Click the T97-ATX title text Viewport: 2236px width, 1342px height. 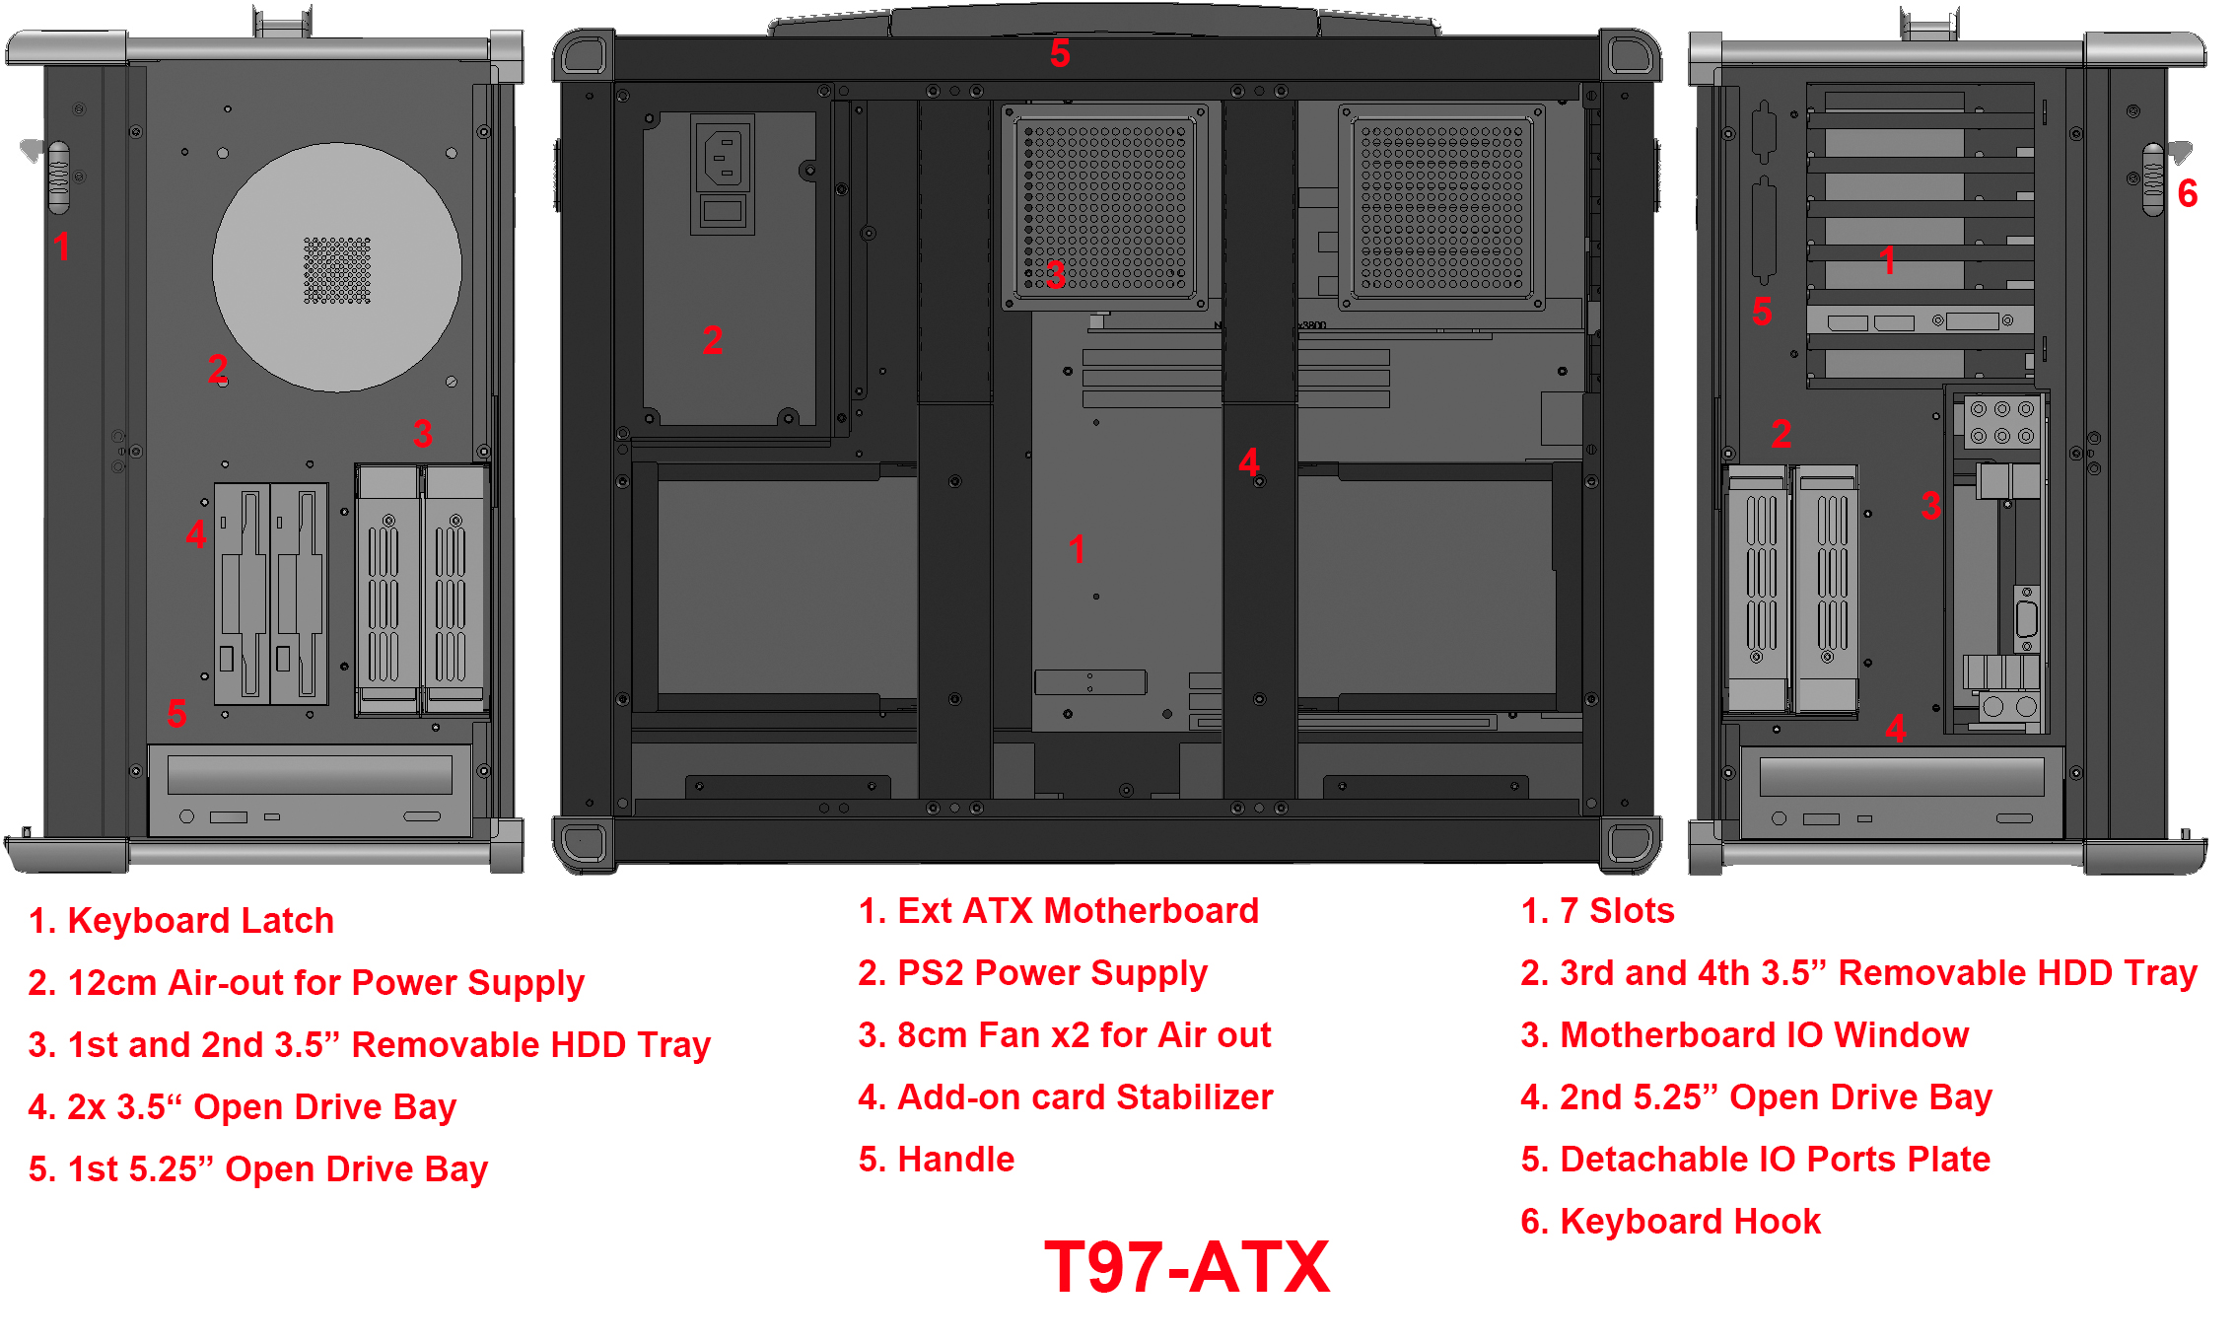[1187, 1266]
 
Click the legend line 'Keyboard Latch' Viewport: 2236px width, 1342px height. [181, 920]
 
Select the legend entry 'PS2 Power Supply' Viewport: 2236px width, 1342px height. [1032, 973]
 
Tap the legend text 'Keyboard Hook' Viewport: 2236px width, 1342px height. [1671, 1222]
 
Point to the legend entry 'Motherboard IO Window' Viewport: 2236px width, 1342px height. [1745, 1035]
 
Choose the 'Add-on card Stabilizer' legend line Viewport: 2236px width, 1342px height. [1066, 1097]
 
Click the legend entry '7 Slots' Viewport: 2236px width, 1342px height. [1597, 911]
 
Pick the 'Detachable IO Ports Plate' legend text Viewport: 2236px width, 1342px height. [1756, 1160]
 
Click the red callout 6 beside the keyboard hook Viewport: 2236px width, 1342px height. [2188, 193]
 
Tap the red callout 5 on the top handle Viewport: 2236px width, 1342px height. [1060, 53]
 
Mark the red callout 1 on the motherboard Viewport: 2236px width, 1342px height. [1078, 549]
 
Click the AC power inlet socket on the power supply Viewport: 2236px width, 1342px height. [724, 157]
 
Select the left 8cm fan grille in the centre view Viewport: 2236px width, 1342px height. [1105, 208]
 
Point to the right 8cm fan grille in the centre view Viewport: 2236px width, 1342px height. [1442, 208]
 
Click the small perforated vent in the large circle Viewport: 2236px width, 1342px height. [337, 270]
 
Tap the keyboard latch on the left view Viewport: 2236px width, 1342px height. [59, 177]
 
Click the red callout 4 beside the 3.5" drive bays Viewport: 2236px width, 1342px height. [196, 534]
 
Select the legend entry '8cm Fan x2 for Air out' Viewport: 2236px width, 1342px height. [1065, 1035]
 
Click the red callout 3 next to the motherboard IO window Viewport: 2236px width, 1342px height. [1931, 506]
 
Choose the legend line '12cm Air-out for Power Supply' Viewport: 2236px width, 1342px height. [307, 983]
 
